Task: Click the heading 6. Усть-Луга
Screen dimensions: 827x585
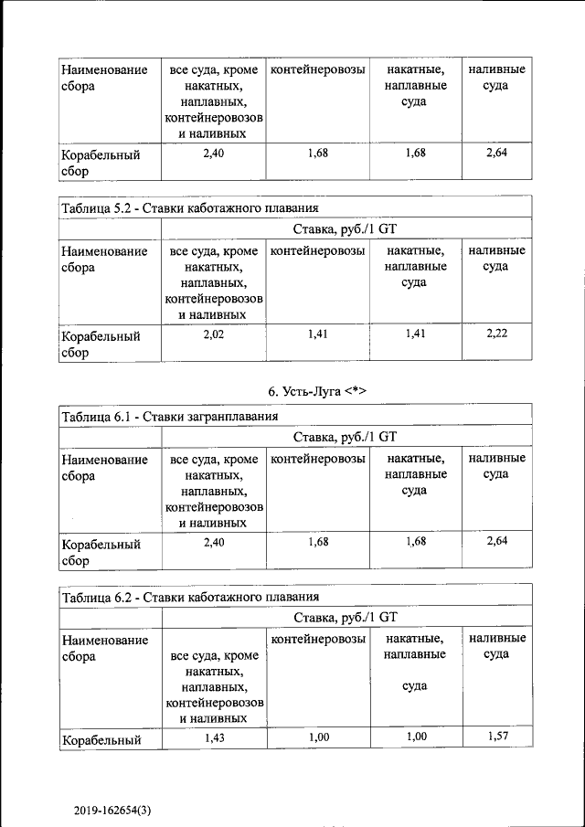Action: (317, 391)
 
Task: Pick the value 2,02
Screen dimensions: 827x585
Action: (213, 334)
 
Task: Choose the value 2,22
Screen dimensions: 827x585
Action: (496, 334)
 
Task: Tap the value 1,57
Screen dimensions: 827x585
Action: (496, 737)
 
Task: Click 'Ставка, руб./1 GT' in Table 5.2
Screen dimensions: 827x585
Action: (346, 228)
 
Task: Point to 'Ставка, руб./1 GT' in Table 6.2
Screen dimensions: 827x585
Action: (346, 617)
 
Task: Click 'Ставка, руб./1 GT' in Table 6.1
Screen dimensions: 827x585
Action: (346, 437)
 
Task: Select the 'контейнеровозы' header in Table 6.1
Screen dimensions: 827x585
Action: (319, 458)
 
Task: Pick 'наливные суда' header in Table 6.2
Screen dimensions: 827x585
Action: (496, 646)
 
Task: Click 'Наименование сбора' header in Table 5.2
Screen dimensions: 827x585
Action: (104, 259)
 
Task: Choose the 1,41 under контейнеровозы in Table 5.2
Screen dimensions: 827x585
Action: (318, 334)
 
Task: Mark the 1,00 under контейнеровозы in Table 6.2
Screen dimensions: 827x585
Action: (318, 737)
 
